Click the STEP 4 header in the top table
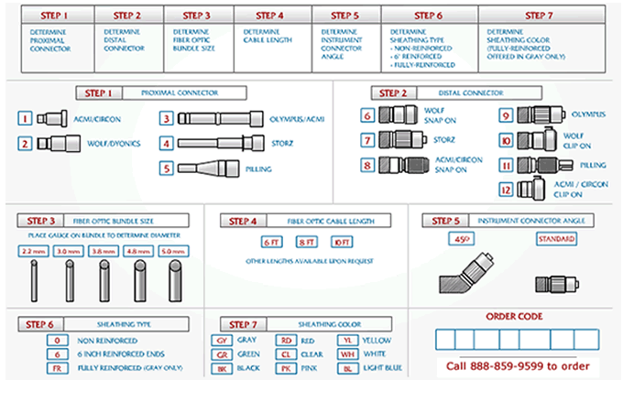pyautogui.click(x=273, y=15)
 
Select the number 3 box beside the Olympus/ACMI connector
pyautogui.click(x=166, y=118)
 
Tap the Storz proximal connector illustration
pyautogui.click(x=213, y=144)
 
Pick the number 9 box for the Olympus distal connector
pyautogui.click(x=505, y=115)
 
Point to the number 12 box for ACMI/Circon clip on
pyautogui.click(x=505, y=189)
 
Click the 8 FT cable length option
pyautogui.click(x=306, y=242)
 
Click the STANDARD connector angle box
pyautogui.click(x=555, y=239)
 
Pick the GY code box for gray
pyautogui.click(x=221, y=338)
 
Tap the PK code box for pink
pyautogui.click(x=288, y=368)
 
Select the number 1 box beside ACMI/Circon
pyautogui.click(x=26, y=118)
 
